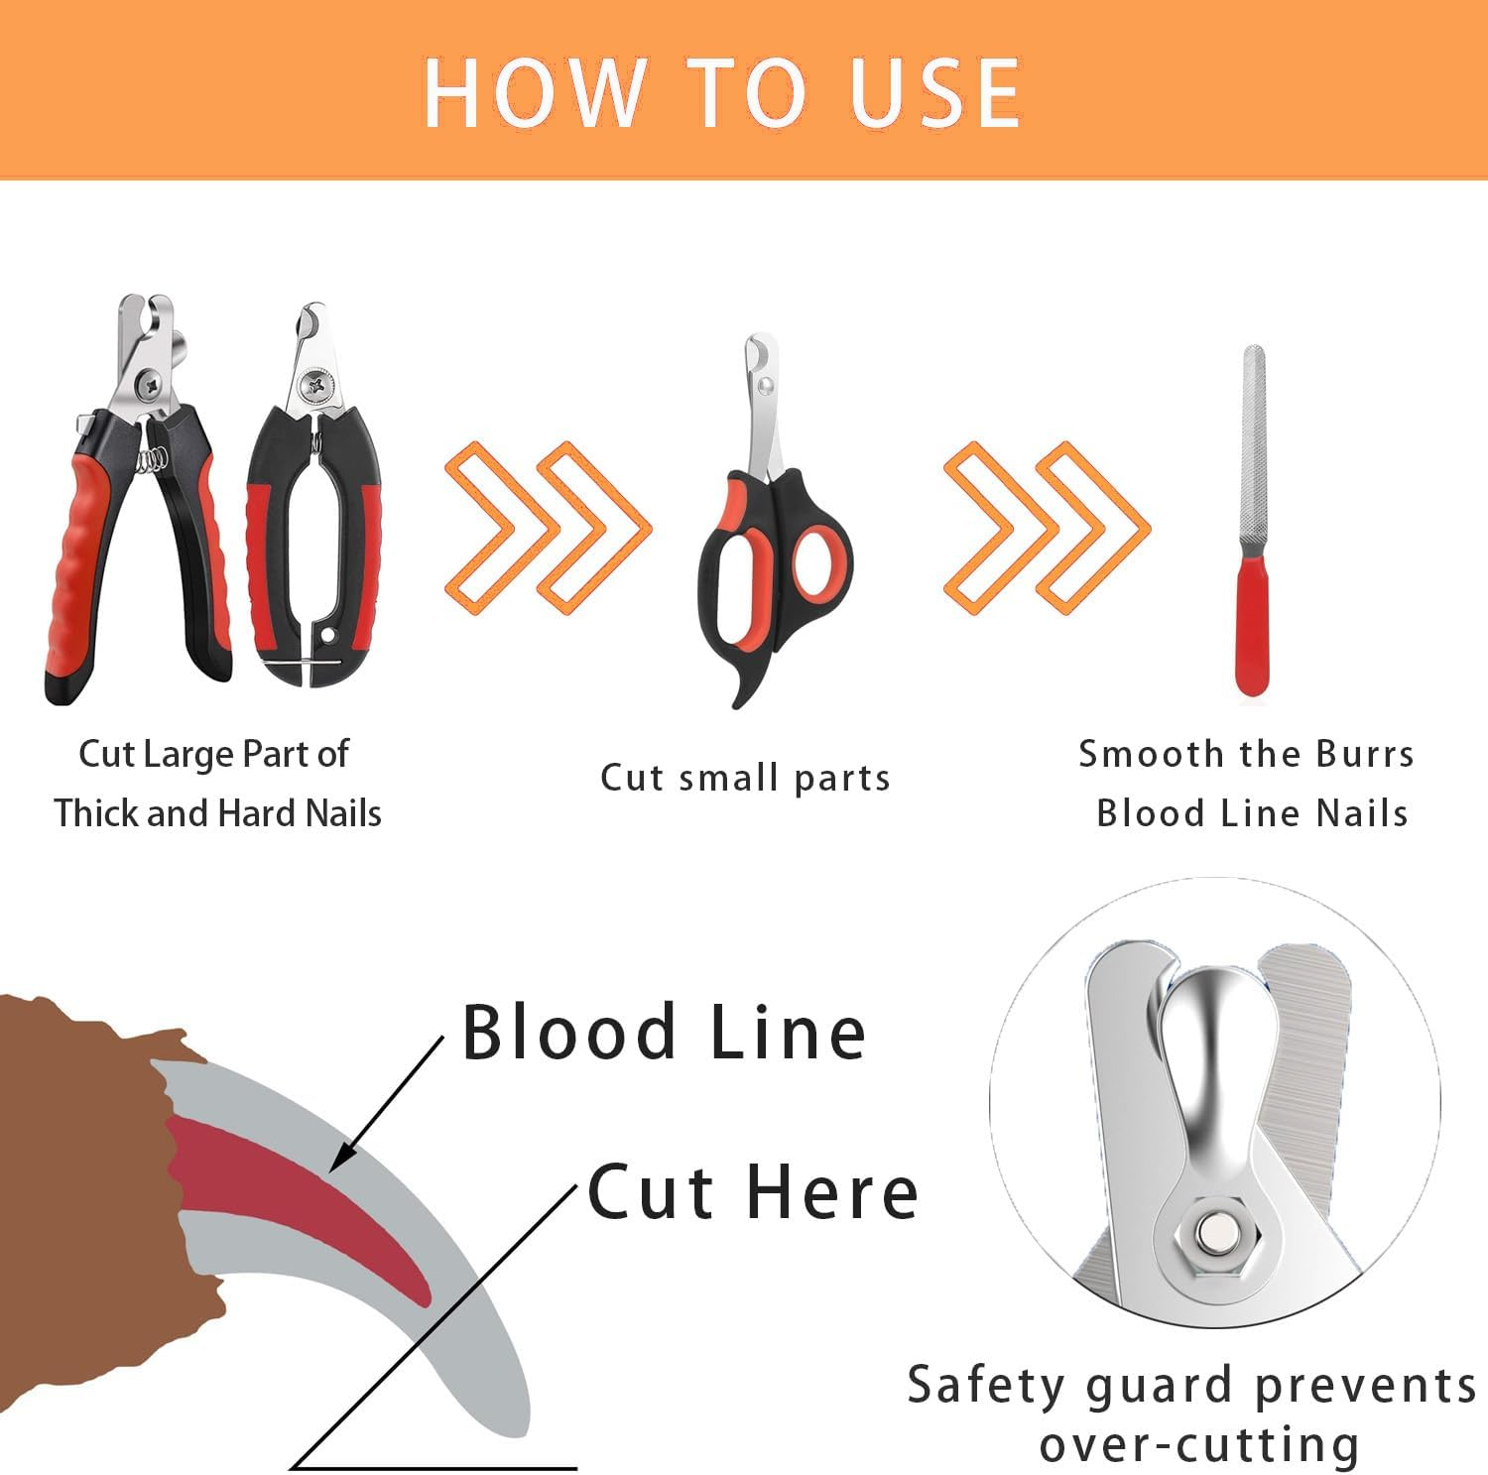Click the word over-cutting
pos(1199,1444)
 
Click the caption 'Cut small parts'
pos(745,778)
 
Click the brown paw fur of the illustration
pos(79,1141)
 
